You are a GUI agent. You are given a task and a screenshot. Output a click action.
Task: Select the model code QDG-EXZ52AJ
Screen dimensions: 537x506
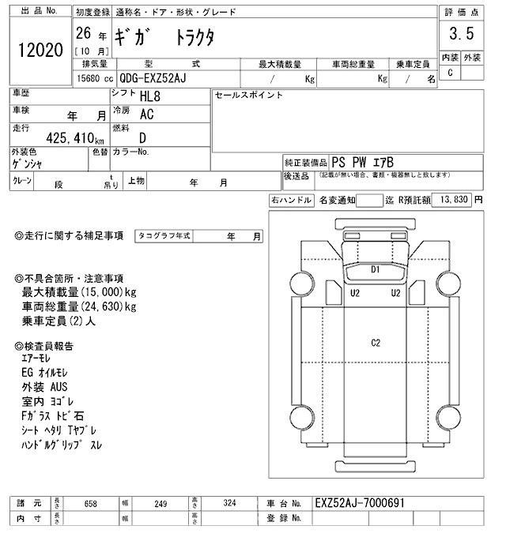[x=158, y=78]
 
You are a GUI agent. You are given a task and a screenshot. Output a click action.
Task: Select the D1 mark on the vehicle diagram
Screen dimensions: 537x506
[x=376, y=270]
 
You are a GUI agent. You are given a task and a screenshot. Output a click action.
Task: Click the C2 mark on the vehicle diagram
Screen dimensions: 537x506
[x=376, y=342]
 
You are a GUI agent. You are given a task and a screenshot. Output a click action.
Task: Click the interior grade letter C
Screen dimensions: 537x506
[x=450, y=73]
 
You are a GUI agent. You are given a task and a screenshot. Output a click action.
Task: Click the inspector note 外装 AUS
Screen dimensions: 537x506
[x=45, y=387]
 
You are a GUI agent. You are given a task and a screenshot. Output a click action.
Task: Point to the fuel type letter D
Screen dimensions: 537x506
[x=143, y=137]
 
